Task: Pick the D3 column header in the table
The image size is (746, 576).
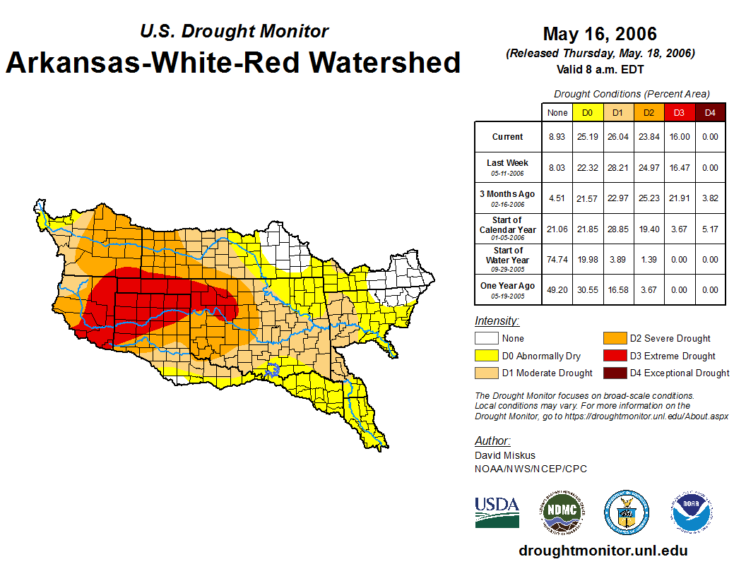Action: [x=678, y=112]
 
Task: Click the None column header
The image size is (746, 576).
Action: [x=557, y=112]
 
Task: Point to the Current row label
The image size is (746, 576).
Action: [x=508, y=137]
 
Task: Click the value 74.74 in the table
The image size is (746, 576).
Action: [x=557, y=259]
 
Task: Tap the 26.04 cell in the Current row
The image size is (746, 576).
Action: [x=617, y=137]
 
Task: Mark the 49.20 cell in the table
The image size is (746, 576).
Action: [x=557, y=289]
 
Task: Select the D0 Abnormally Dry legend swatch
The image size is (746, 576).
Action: [x=485, y=356]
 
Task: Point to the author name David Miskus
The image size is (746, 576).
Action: [x=505, y=455]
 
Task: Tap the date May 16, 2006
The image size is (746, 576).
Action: [x=600, y=34]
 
